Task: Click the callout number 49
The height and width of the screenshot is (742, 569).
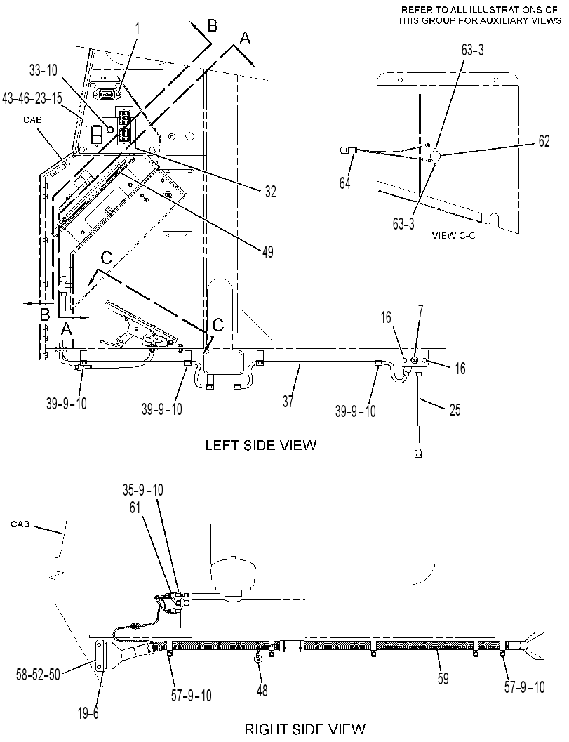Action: (268, 252)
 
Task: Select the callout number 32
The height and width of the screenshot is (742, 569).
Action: (270, 192)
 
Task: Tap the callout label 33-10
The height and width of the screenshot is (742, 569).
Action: (43, 70)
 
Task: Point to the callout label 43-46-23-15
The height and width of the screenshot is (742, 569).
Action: (32, 98)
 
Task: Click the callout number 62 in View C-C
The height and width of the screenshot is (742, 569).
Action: (544, 141)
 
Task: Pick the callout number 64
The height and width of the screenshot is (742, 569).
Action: (344, 183)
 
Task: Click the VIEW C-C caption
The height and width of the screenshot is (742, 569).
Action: (454, 235)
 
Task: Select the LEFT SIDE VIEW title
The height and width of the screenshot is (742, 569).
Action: (260, 445)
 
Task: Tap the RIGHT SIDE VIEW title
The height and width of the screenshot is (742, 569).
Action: (305, 728)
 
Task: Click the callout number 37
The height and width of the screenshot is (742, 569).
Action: (288, 402)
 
